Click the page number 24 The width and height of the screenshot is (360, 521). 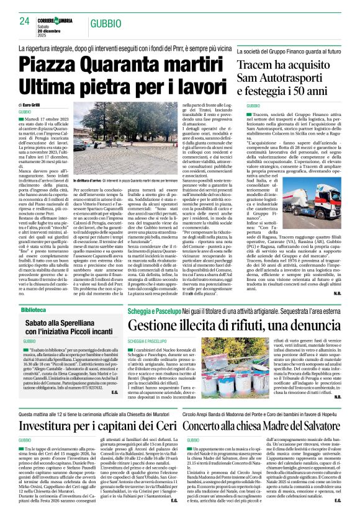tap(25, 21)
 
